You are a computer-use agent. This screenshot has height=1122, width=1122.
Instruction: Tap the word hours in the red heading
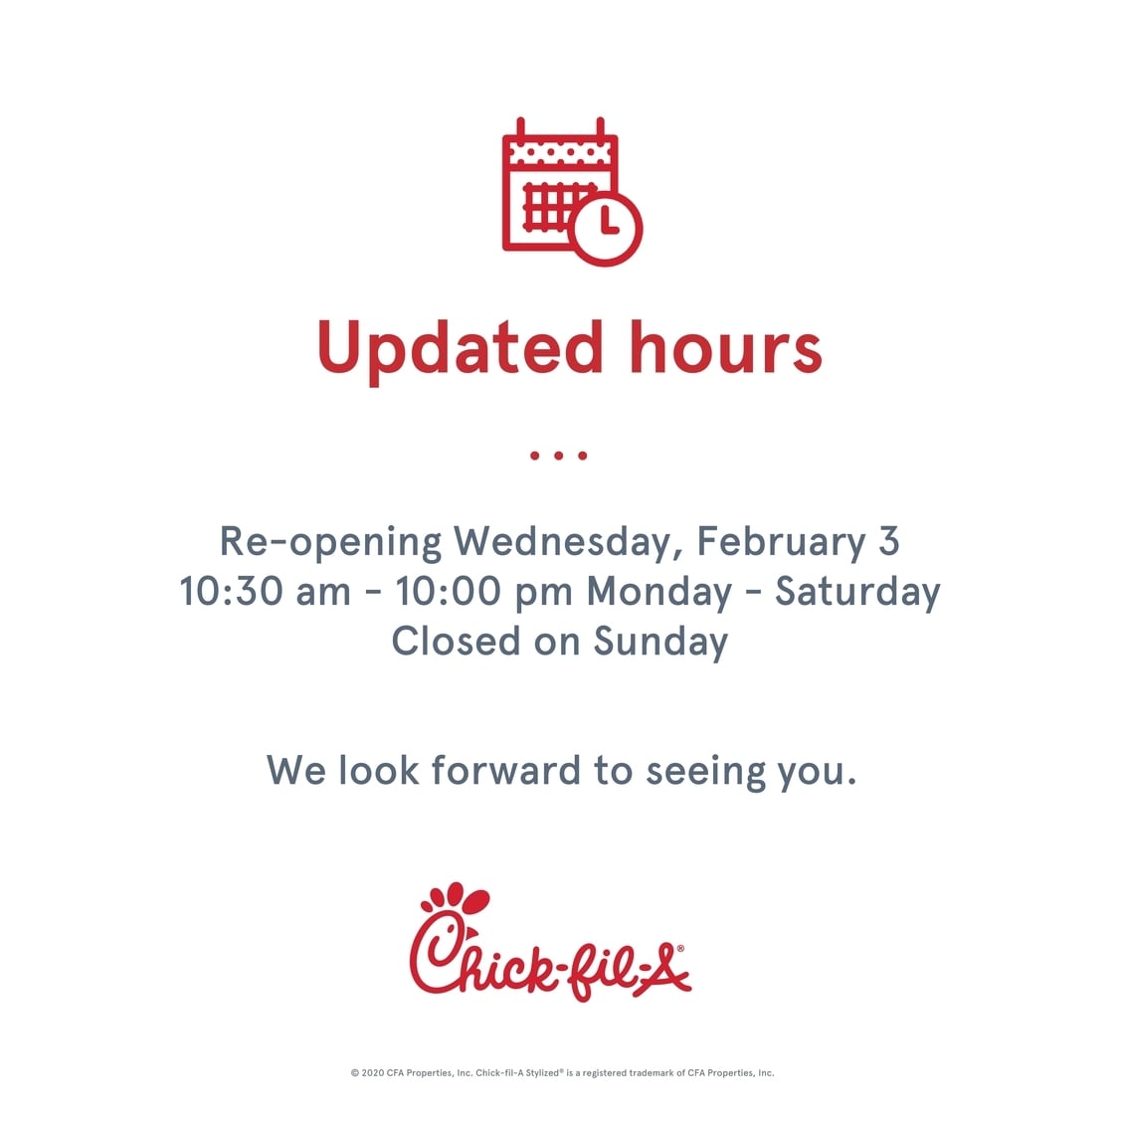(x=725, y=347)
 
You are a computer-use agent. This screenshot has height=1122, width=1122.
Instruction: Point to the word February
(x=781, y=542)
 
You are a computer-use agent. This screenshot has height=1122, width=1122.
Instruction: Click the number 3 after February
(x=888, y=542)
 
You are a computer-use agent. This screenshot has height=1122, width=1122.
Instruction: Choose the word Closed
(x=456, y=642)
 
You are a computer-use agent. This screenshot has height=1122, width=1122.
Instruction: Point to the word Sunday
(x=660, y=643)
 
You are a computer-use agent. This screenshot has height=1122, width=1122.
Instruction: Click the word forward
(x=506, y=771)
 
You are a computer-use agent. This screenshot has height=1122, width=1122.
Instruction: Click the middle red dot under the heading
(x=559, y=456)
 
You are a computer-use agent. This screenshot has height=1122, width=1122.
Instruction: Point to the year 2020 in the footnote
(x=373, y=1072)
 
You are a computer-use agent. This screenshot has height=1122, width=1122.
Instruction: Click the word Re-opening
(x=330, y=543)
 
